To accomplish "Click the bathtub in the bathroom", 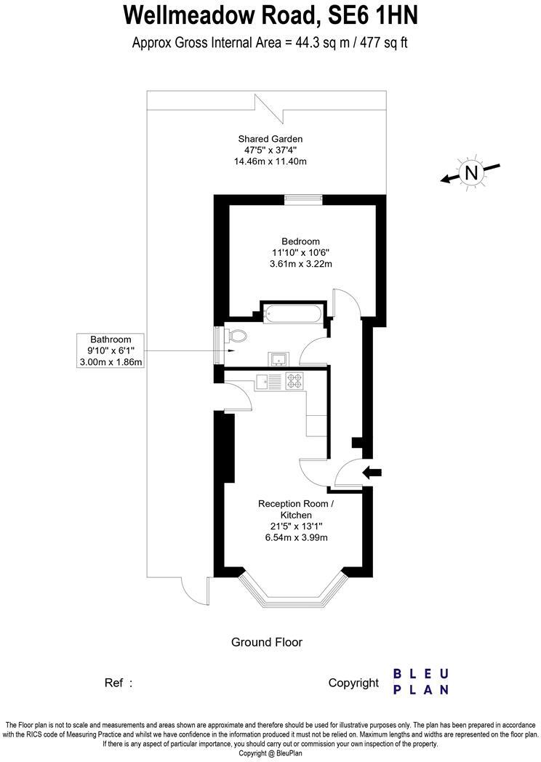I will click(x=293, y=314).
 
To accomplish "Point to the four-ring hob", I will click(x=294, y=379).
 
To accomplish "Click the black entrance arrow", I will click(x=372, y=473).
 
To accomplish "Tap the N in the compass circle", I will click(x=472, y=173).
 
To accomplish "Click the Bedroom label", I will click(x=300, y=241).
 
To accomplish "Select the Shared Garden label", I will click(x=270, y=138).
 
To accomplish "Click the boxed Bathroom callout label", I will click(x=111, y=350).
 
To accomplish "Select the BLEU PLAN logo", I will click(x=421, y=681).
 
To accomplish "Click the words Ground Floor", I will click(x=266, y=642).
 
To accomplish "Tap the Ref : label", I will click(x=119, y=683).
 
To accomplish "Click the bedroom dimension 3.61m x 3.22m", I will click(x=300, y=263).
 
